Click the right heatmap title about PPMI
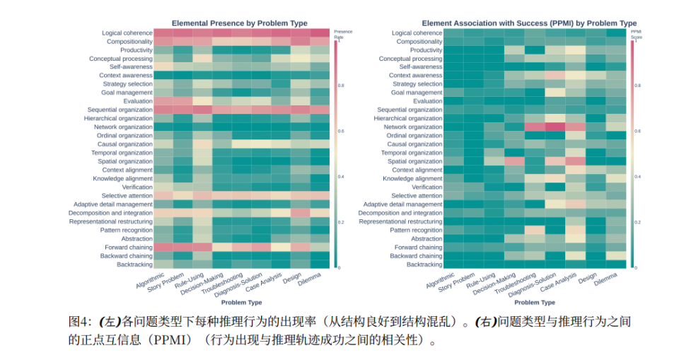coord(530,23)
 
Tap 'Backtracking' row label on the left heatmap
coord(134,265)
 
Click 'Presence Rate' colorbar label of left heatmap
coord(343,33)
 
